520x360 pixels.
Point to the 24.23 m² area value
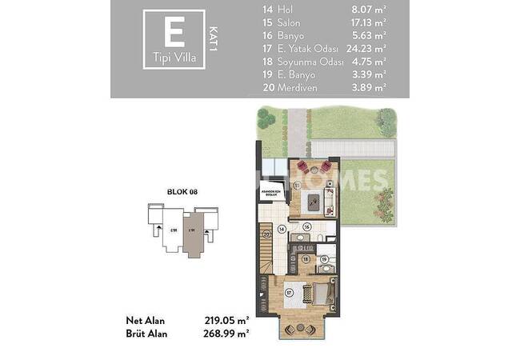369,49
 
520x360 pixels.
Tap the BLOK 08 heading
182,191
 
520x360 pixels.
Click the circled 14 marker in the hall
282,229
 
